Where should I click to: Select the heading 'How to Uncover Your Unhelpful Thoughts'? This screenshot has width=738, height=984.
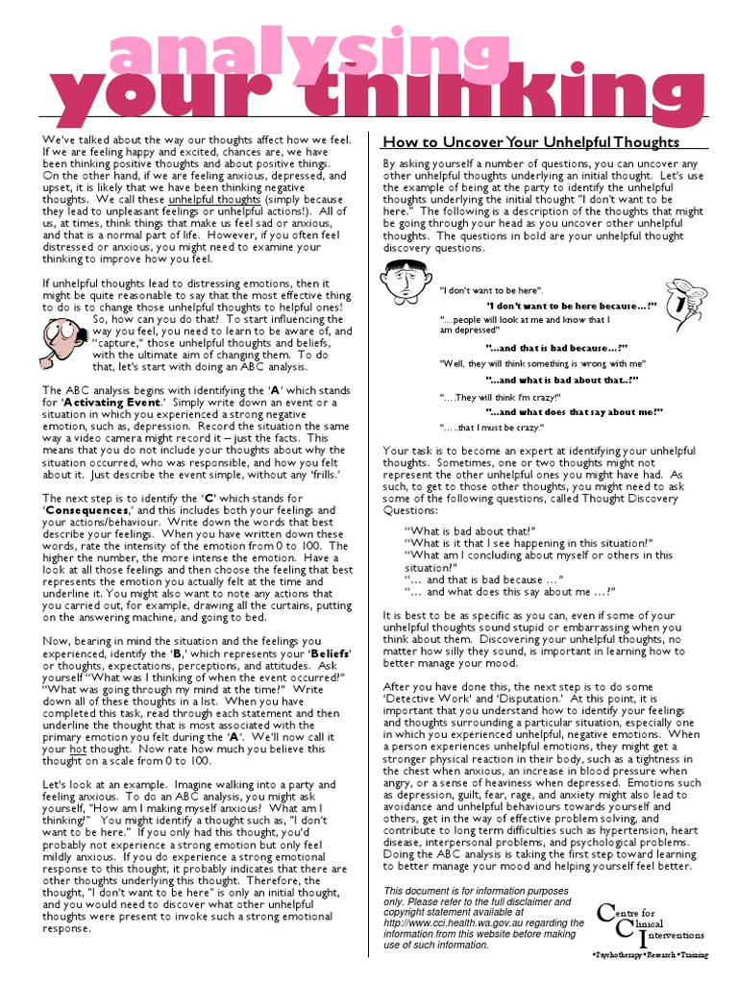[530, 141]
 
